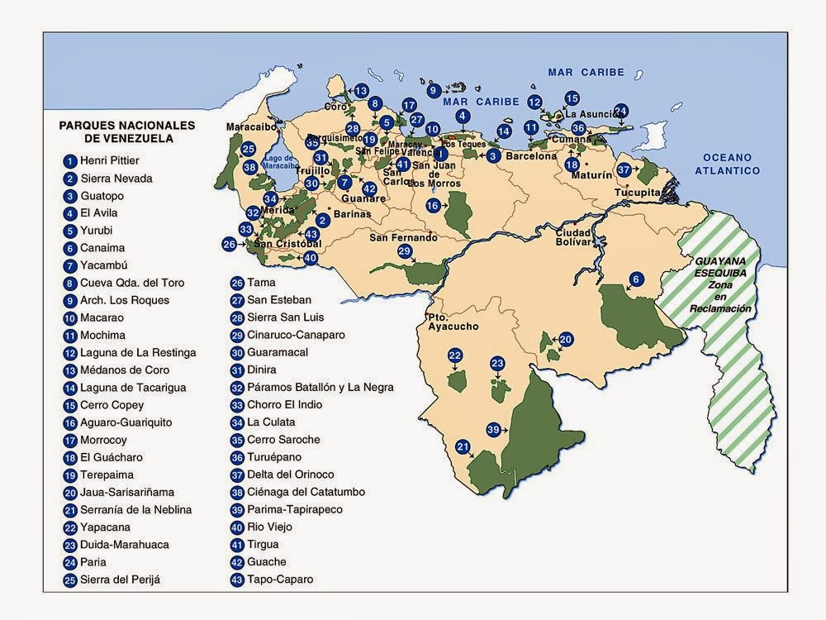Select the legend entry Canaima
point(102,248)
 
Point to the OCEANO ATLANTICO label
point(725,164)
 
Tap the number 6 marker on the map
point(635,279)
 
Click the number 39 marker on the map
point(493,430)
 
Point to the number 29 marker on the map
point(404,251)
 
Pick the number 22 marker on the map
point(455,355)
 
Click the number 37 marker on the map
point(624,169)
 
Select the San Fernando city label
point(402,237)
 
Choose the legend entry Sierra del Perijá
point(120,579)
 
